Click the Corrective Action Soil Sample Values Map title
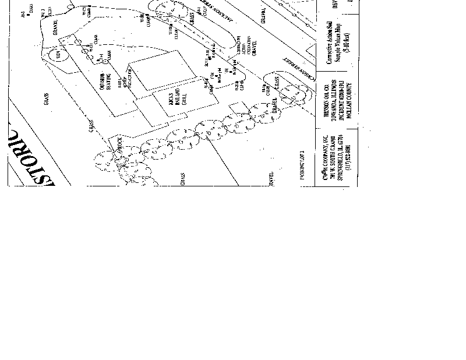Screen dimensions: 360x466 (330, 41)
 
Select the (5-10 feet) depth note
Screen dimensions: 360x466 (345, 41)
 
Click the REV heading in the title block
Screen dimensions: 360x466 (335, 5)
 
